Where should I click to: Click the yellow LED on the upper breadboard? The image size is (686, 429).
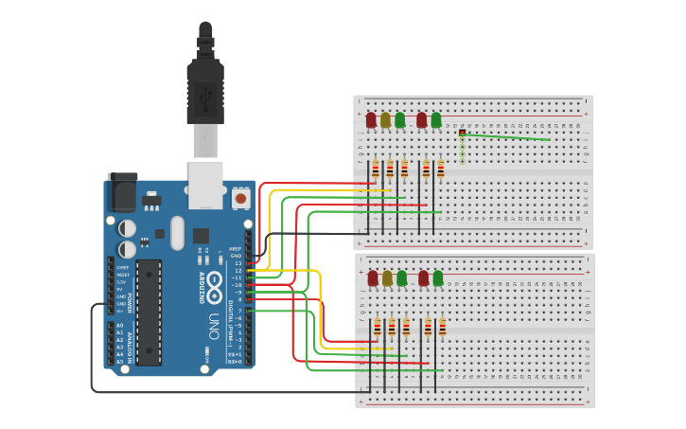click(x=386, y=120)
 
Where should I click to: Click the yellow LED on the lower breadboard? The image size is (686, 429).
click(x=387, y=277)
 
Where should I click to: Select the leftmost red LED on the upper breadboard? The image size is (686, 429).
click(x=372, y=120)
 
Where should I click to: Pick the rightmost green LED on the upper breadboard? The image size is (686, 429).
click(x=436, y=120)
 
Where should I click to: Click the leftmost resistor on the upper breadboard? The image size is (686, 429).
click(x=376, y=170)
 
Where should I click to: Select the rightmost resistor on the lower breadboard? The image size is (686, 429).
click(x=441, y=328)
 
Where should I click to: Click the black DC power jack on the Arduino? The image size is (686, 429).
click(x=121, y=192)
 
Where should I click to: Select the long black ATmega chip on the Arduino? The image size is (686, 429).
click(x=150, y=311)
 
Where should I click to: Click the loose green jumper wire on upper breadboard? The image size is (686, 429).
click(x=506, y=137)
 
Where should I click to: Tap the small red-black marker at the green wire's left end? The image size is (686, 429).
click(x=462, y=133)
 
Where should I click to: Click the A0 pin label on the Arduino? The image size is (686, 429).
click(x=119, y=325)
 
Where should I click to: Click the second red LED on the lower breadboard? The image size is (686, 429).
click(x=423, y=277)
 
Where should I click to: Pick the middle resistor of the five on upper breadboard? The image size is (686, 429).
click(x=405, y=170)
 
